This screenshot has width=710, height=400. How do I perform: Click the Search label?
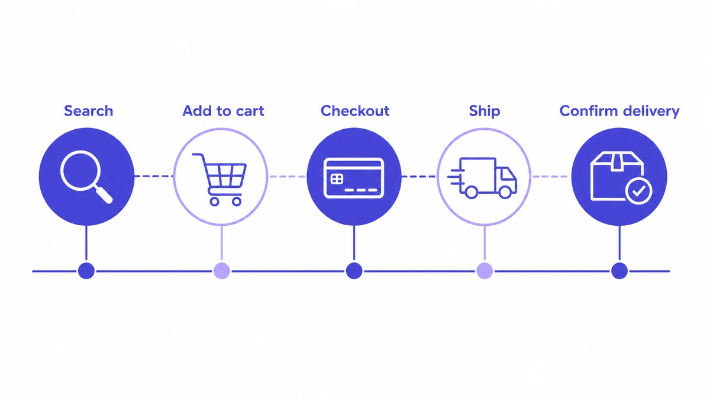tap(88, 111)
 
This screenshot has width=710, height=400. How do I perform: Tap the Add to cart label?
tap(223, 111)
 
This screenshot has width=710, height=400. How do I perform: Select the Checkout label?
tap(355, 111)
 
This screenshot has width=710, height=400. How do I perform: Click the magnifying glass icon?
tap(86, 177)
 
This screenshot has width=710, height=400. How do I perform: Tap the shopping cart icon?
tap(220, 180)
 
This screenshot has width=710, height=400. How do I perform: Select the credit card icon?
tap(354, 178)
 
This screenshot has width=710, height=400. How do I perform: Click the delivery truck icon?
tap(482, 178)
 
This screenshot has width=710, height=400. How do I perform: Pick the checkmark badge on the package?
tap(638, 191)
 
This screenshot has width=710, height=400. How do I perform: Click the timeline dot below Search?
tap(86, 271)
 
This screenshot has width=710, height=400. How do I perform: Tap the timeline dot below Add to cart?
tap(221, 271)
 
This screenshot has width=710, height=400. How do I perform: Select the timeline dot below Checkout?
tap(354, 271)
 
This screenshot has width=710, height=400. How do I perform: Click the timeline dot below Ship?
tap(485, 271)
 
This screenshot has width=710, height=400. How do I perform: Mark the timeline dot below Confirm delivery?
tap(619, 271)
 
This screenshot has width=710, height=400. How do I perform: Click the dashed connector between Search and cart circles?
tap(154, 176)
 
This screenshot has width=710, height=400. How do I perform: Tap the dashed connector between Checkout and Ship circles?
tap(419, 176)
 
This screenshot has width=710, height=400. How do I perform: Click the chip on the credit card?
tap(337, 179)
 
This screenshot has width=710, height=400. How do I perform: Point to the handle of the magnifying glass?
tap(103, 194)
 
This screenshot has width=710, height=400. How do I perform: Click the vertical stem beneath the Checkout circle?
tap(354, 244)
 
